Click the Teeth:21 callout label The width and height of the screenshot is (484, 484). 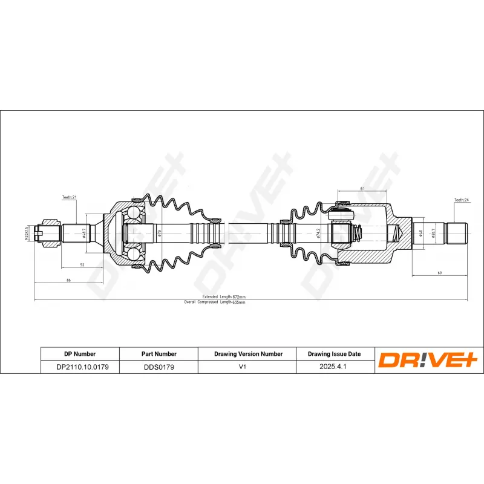coord(69,197)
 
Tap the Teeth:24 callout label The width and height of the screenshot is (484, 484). coord(462,200)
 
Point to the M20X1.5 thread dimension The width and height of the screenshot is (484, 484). coord(27,233)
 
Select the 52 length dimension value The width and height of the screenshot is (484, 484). coord(82,265)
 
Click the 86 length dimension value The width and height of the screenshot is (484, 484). coord(68,280)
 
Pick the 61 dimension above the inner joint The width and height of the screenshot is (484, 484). coord(362,189)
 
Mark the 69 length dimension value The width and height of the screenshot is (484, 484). coord(440,274)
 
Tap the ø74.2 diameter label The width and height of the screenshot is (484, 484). coord(319,233)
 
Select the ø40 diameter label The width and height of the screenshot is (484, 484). coord(420,233)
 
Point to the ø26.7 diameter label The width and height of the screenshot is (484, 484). coord(434,233)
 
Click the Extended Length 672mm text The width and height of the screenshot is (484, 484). coord(223,297)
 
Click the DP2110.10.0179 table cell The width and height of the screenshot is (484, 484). coord(79,367)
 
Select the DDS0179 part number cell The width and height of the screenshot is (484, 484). coord(159,367)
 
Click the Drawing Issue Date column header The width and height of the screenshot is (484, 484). coord(334,354)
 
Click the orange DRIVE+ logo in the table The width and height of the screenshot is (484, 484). coord(428,361)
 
